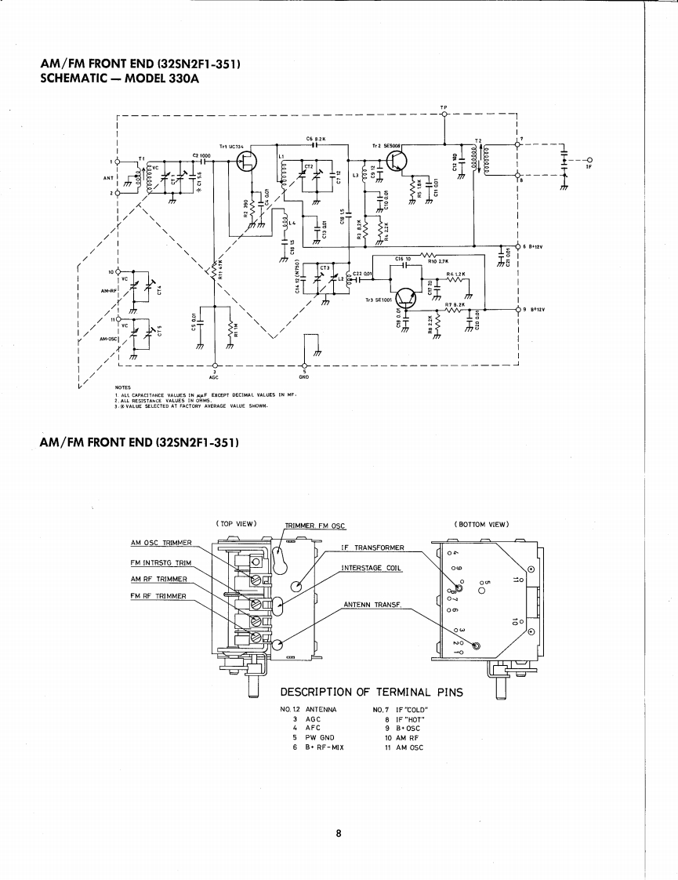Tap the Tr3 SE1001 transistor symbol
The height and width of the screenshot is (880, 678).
pyautogui.click(x=406, y=298)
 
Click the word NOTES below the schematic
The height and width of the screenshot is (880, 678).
pyautogui.click(x=121, y=387)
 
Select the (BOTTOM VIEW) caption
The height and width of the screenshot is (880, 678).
pyautogui.click(x=481, y=524)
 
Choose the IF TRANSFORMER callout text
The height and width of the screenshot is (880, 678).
pyautogui.click(x=372, y=547)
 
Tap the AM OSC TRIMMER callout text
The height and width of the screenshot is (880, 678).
pyautogui.click(x=161, y=542)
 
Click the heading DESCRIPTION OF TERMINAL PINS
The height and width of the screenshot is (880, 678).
pyautogui.click(x=372, y=692)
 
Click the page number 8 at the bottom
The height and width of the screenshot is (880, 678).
pyautogui.click(x=339, y=834)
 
